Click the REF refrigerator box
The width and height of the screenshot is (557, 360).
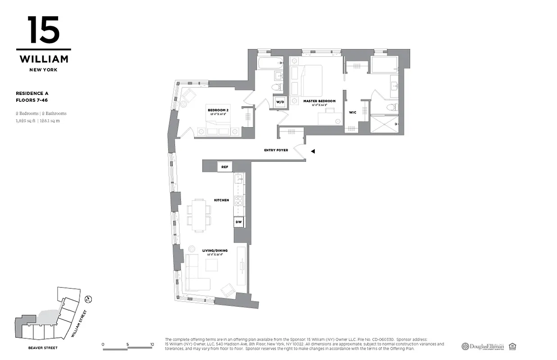click(x=225, y=167)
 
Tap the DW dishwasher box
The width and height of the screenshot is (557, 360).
click(x=239, y=222)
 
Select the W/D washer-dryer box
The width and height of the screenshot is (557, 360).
click(x=280, y=102)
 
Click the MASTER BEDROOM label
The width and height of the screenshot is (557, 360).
click(x=319, y=101)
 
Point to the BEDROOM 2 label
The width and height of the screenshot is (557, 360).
click(x=217, y=110)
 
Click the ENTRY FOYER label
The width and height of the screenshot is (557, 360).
click(x=276, y=150)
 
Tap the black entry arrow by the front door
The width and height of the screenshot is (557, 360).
click(x=313, y=152)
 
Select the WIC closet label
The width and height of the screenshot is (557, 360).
click(x=353, y=112)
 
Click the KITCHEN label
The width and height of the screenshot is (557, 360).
click(x=222, y=200)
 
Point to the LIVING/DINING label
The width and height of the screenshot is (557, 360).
click(x=215, y=250)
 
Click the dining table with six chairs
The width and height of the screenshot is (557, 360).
click(x=199, y=215)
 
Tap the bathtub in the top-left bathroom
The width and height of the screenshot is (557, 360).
click(x=269, y=63)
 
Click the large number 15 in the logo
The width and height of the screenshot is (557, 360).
click(x=43, y=31)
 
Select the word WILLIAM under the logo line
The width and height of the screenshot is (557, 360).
click(x=44, y=59)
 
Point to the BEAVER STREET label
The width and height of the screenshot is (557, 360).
click(x=43, y=348)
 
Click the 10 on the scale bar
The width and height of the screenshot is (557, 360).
click(x=152, y=345)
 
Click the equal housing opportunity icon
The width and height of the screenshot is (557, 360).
click(x=512, y=346)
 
